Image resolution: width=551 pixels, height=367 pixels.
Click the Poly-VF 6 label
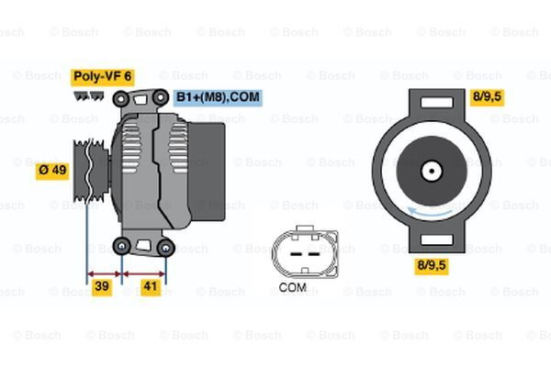click(x=103, y=76)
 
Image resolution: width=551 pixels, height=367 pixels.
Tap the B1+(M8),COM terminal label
click(x=218, y=95)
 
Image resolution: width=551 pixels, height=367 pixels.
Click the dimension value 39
click(x=103, y=287)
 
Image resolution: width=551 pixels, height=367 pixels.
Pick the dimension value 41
click(x=151, y=287)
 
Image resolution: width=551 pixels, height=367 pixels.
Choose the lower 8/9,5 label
click(x=431, y=267)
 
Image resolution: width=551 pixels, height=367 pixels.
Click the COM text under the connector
click(x=292, y=287)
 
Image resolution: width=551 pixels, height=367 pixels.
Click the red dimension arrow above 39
click(x=104, y=272)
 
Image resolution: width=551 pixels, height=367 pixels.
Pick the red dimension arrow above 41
click(x=145, y=272)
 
